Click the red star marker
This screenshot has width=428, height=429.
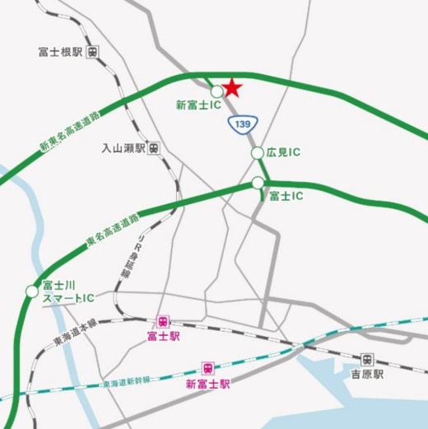pos(233,86)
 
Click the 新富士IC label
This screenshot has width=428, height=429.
pos(199,105)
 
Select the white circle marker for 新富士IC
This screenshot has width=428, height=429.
pos(216,91)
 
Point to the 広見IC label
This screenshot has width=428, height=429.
pos(283,152)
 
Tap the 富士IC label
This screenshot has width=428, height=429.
pos(286,196)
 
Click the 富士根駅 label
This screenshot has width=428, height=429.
pos(60,51)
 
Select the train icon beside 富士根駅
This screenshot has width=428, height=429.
pos(94,51)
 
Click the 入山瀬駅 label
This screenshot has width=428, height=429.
pos(123,148)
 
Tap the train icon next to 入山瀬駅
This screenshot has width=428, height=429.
pos(156,148)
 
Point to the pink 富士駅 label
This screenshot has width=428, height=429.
pos(163,337)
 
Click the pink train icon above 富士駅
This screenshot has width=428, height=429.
pos(164,321)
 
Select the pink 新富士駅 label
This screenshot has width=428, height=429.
pos(207,383)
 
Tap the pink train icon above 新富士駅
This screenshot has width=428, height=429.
pos(207,367)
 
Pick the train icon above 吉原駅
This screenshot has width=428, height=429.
pos(367,359)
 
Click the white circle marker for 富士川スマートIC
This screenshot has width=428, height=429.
pos(31,290)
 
